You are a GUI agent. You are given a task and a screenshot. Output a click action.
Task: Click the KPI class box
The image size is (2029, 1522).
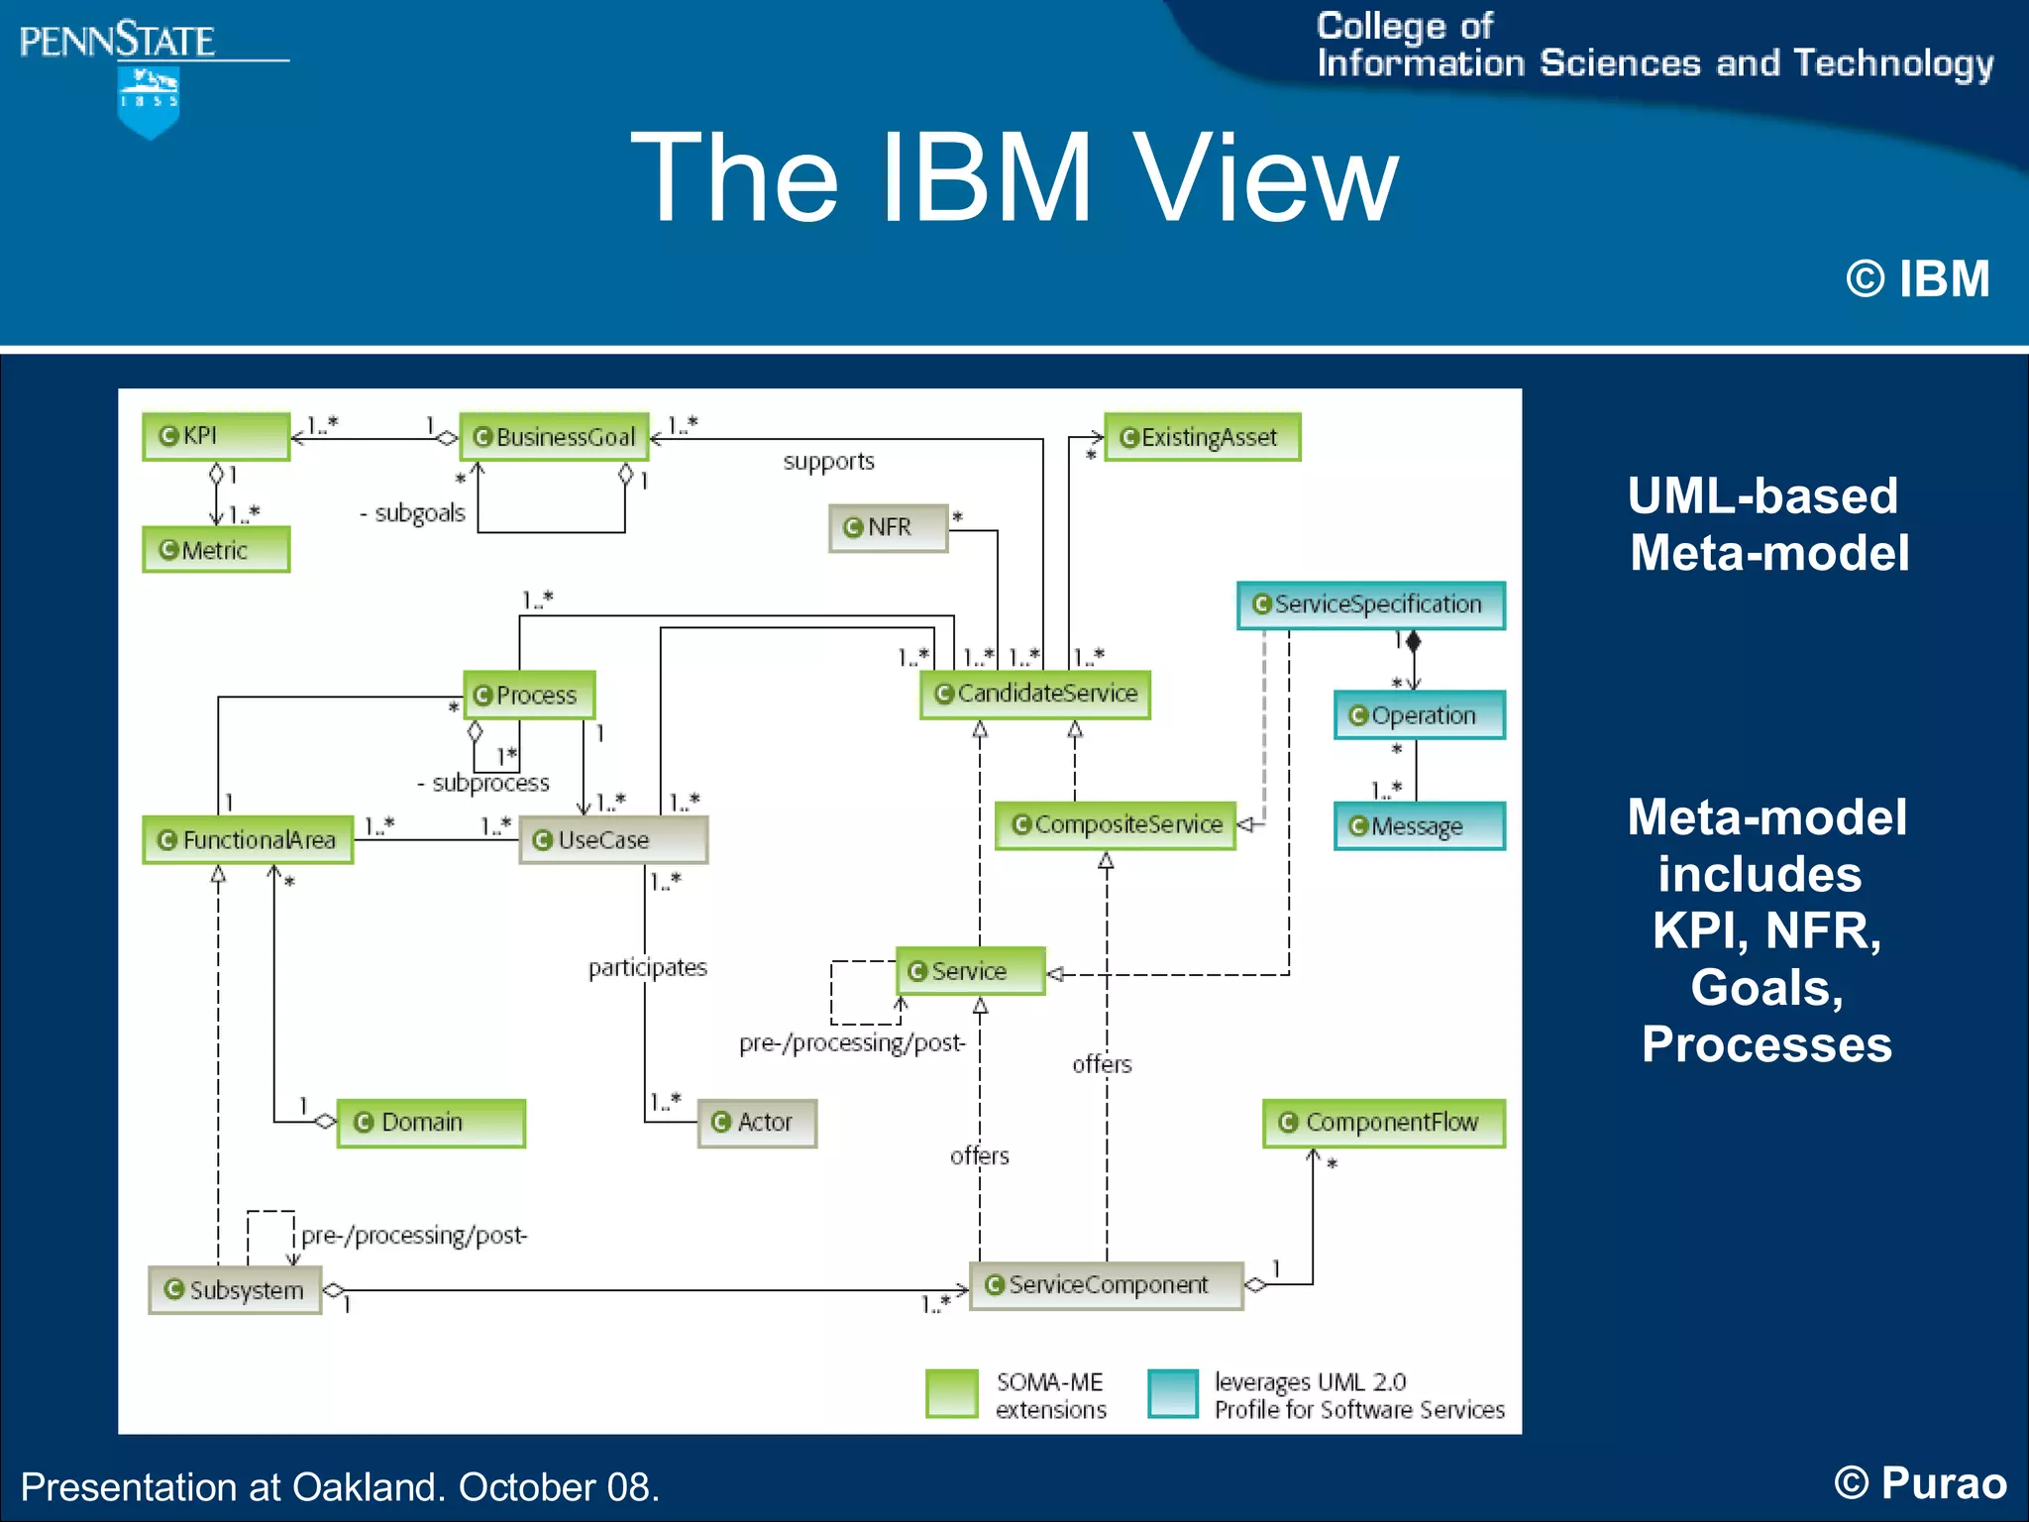pyautogui.click(x=216, y=436)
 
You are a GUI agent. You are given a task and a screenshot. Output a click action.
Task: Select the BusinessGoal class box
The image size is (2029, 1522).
pyautogui.click(x=554, y=437)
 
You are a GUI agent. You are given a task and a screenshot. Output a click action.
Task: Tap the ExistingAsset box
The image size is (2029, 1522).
pyautogui.click(x=1201, y=437)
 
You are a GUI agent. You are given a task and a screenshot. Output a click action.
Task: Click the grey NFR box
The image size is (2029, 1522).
pyautogui.click(x=888, y=527)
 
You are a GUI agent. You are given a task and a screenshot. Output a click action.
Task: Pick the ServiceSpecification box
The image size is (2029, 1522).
pyautogui.click(x=1370, y=604)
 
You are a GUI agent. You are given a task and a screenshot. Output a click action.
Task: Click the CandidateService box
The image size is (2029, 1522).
pyautogui.click(x=1034, y=694)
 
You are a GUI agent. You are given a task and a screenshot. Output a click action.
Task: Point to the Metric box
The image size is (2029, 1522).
pyautogui.click(x=216, y=550)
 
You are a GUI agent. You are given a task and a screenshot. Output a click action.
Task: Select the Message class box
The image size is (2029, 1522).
pyautogui.click(x=1419, y=826)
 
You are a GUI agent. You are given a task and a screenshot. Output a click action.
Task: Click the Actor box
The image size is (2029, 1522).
pyautogui.click(x=756, y=1123)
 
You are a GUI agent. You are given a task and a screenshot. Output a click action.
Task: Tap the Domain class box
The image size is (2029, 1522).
pyautogui.click(x=430, y=1123)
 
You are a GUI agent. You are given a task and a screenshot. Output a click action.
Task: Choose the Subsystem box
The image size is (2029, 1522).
pyautogui.click(x=235, y=1290)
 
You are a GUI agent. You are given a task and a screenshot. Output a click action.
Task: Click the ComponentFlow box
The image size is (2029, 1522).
pyautogui.click(x=1383, y=1123)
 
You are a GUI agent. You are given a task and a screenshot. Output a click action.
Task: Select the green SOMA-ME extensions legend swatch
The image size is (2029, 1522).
pyautogui.click(x=951, y=1393)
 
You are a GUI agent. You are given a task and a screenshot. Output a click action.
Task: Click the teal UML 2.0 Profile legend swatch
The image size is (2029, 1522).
pyautogui.click(x=1173, y=1393)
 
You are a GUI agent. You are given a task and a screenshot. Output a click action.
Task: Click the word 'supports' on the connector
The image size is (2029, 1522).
pyautogui.click(x=828, y=462)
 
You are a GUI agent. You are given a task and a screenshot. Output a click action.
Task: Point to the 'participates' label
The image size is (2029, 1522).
pyautogui.click(x=647, y=967)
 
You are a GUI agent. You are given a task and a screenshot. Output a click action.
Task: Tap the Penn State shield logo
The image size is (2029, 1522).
pyautogui.click(x=149, y=102)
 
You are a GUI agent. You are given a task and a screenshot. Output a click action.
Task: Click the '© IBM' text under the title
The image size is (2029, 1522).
pyautogui.click(x=1917, y=278)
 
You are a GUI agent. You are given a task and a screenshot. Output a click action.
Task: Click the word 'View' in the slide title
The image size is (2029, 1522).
pyautogui.click(x=1265, y=178)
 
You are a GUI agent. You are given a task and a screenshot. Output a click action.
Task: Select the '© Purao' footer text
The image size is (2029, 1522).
pyautogui.click(x=1919, y=1483)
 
